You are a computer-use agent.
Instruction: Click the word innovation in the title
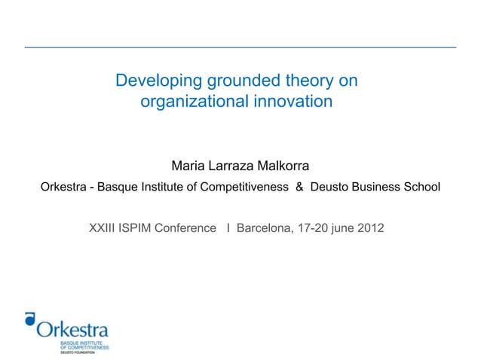point(293,100)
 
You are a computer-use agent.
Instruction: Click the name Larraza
point(233,166)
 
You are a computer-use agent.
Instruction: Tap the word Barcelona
point(264,227)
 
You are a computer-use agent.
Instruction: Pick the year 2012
point(368,227)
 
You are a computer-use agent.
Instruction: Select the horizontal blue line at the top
point(240,47)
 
